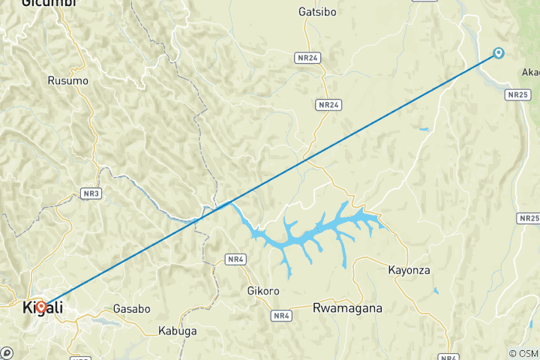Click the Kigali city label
[x=43, y=307]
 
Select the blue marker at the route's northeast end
[x=498, y=52]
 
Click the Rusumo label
[x=67, y=80]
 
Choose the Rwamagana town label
[x=347, y=307]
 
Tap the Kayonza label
[x=409, y=270]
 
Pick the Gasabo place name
[x=131, y=308]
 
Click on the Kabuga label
[x=178, y=330]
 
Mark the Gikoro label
[x=263, y=290]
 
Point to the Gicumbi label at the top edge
[x=49, y=3]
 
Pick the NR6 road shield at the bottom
[x=448, y=356]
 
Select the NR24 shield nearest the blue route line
[x=328, y=105]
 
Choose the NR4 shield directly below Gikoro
[x=282, y=316]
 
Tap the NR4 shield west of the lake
[x=235, y=259]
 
